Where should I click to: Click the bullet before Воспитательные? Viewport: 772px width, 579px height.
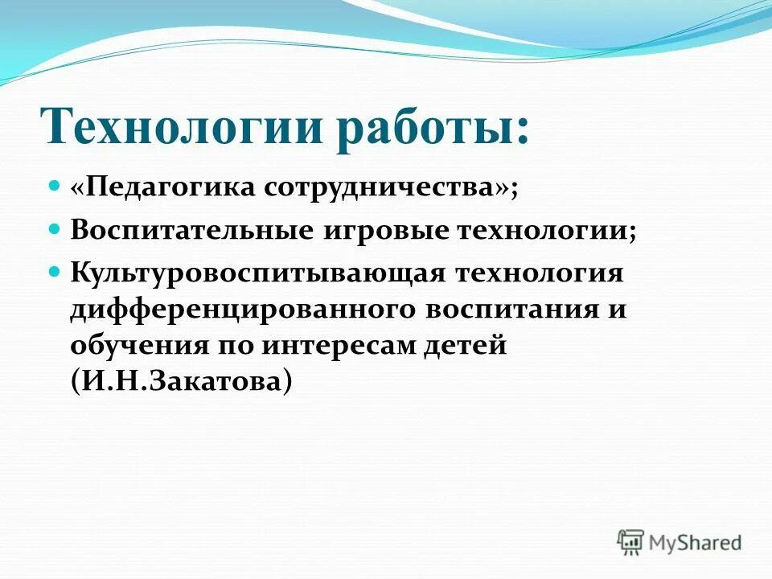click(55, 229)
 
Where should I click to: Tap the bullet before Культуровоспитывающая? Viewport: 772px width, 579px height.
click(55, 271)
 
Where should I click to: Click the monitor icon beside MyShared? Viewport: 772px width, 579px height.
click(630, 541)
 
